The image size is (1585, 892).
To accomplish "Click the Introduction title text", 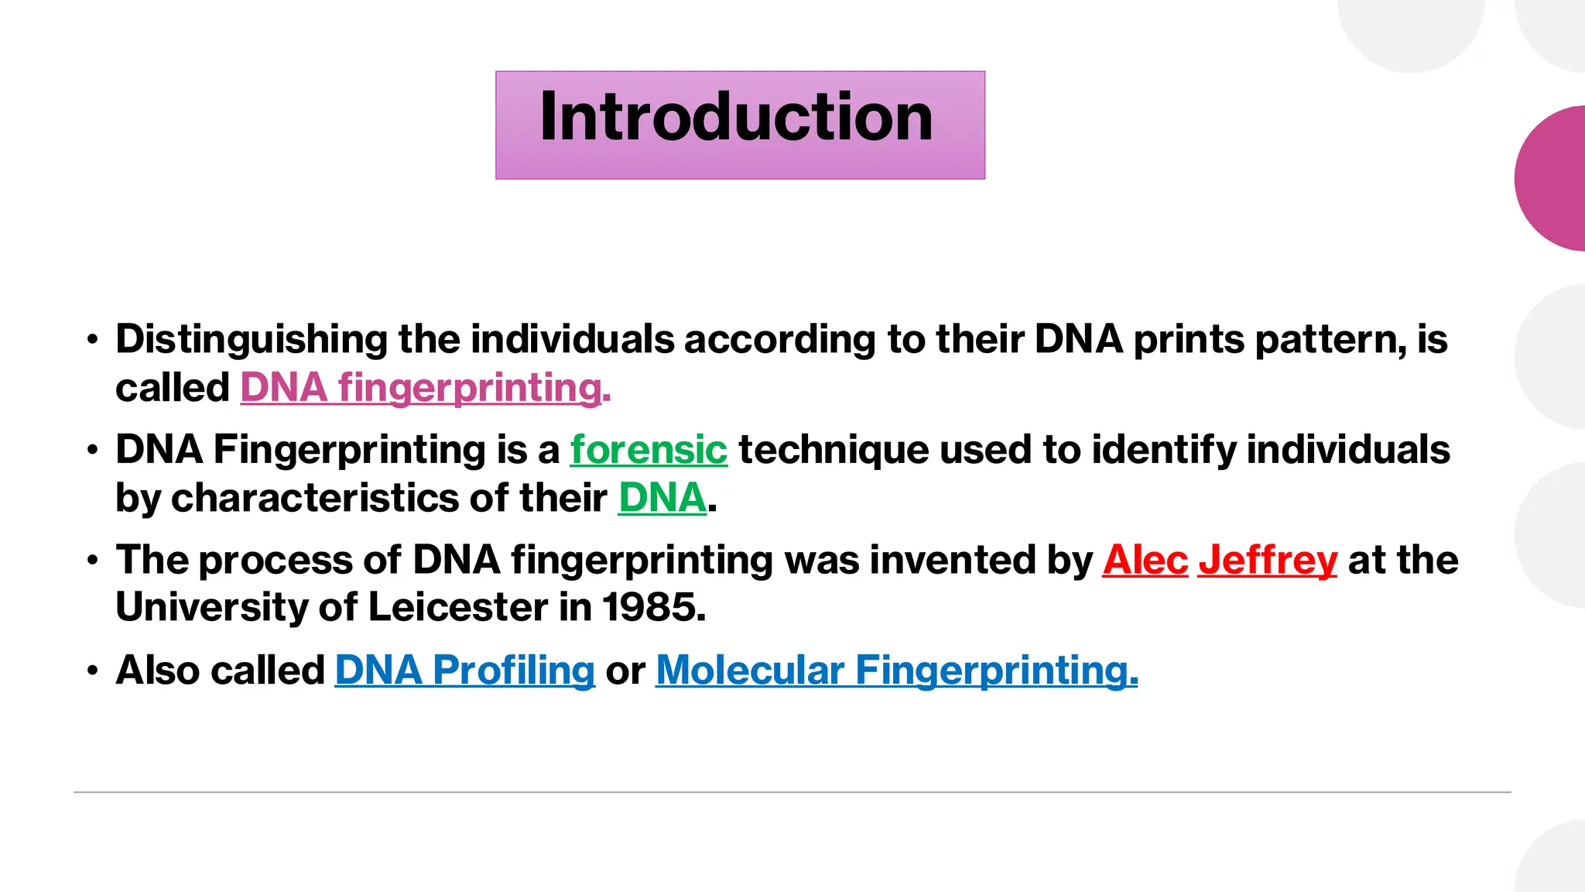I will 736,118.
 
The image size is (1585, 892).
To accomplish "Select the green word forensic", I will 649,450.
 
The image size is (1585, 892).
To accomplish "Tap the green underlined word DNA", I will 662,498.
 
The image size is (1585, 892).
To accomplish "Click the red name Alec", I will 1145,560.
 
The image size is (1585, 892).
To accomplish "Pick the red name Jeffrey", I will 1268,560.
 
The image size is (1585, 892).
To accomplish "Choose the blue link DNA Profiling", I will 464,671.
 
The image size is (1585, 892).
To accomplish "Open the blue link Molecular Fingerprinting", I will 896,671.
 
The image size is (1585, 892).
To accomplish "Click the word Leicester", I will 457,608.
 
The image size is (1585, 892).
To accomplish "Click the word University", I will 211,608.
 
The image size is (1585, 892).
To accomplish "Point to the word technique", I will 834,450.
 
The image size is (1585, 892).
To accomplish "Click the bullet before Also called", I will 93,671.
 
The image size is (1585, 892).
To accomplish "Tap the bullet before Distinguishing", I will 93,340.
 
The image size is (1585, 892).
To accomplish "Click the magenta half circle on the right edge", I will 1556,178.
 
